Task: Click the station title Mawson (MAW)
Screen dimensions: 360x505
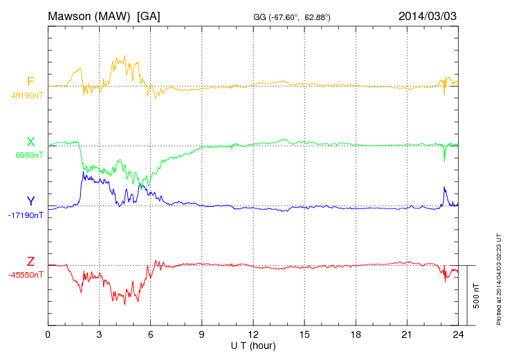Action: [x=90, y=15]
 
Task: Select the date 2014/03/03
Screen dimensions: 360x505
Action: [x=427, y=15]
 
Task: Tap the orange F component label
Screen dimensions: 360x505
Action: [x=30, y=82]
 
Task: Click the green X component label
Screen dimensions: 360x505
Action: [x=30, y=142]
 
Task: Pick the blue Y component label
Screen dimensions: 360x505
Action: [x=30, y=201]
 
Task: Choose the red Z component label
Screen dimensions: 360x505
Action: [x=30, y=262]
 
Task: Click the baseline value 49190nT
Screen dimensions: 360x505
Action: [x=26, y=96]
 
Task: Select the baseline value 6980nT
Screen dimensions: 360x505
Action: [x=28, y=155]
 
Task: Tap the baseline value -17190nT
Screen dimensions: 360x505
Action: [x=26, y=215]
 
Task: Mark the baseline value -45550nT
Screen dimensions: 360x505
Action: [x=26, y=275]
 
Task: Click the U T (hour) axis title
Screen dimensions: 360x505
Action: [x=253, y=345]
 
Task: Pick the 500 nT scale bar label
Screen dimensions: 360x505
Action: [x=477, y=296]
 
